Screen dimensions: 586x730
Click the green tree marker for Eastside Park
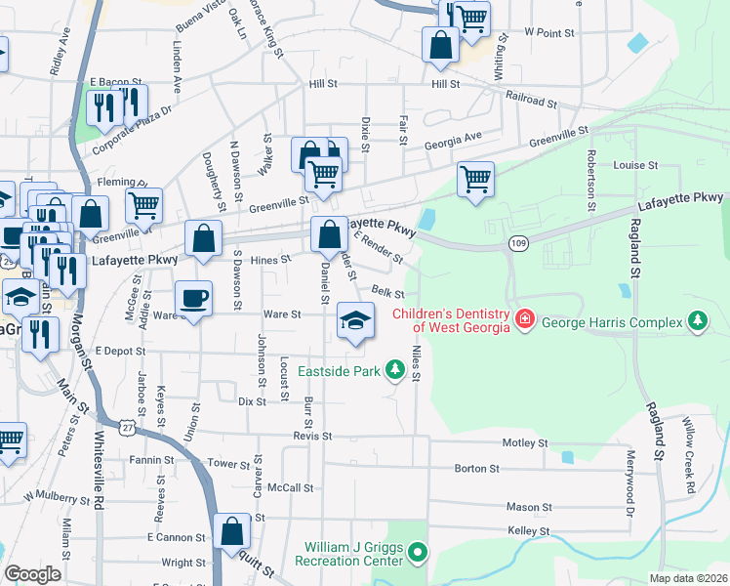pos(395,369)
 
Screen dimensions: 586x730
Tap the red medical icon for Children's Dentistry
pos(525,319)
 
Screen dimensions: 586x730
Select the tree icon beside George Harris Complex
pos(697,319)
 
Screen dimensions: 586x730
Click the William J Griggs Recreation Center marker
pos(419,554)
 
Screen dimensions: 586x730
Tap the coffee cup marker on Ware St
pos(193,299)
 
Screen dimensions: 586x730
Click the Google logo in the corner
pos(31,574)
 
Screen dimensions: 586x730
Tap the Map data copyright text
pos(688,578)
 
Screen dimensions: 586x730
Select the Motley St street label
pos(526,442)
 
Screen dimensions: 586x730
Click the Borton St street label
pos(476,469)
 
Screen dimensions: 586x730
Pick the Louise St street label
pos(635,165)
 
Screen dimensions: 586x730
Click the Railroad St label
pos(531,98)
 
